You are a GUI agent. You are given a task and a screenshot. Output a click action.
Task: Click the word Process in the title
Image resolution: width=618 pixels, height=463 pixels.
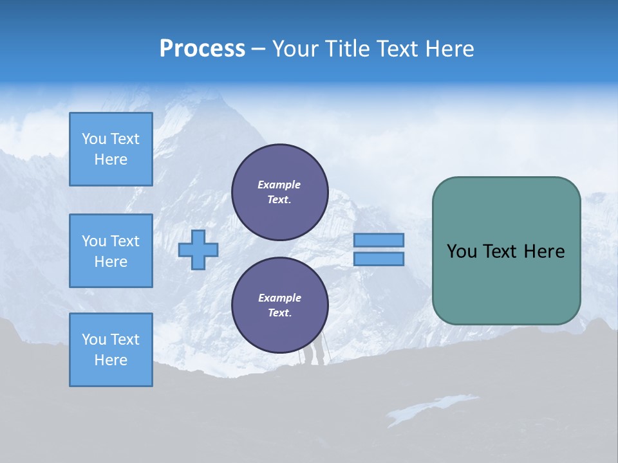[202, 49]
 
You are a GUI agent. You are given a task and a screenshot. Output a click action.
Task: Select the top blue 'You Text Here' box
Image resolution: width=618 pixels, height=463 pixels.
[111, 149]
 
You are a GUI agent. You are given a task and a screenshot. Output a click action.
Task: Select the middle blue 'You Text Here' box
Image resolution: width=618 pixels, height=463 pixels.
[111, 251]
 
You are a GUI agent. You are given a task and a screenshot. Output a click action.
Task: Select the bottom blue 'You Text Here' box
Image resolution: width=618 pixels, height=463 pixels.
[111, 350]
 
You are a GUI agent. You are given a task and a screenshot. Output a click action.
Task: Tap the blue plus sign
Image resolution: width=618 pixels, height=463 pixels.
[198, 249]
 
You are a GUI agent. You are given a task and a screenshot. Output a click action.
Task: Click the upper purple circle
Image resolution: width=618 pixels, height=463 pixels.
[279, 192]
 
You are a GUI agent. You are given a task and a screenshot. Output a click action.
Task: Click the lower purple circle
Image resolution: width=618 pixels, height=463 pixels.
[279, 305]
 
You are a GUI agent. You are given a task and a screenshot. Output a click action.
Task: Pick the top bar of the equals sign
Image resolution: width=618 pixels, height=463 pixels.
[379, 240]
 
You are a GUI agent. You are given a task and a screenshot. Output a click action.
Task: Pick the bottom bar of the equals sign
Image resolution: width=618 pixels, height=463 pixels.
[379, 259]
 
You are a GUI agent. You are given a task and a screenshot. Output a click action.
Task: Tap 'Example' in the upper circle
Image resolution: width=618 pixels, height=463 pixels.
[279, 185]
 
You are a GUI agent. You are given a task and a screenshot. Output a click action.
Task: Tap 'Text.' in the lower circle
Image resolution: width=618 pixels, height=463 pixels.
[279, 313]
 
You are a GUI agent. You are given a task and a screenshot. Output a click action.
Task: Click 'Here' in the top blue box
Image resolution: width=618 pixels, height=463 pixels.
[111, 159]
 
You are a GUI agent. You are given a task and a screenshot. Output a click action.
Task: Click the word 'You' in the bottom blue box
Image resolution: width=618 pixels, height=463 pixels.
[94, 340]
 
